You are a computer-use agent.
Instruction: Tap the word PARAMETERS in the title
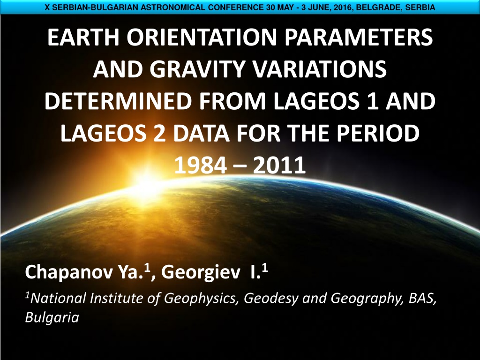pyautogui.click(x=359, y=37)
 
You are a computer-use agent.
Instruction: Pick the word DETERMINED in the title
pyautogui.click(x=118, y=101)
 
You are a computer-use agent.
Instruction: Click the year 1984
pyautogui.click(x=201, y=165)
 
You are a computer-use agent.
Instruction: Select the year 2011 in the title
pyautogui.click(x=279, y=165)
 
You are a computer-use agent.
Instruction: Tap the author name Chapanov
pyautogui.click(x=69, y=272)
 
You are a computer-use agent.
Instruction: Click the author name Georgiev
pyautogui.click(x=201, y=272)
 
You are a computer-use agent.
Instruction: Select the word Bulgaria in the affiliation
pyautogui.click(x=52, y=317)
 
